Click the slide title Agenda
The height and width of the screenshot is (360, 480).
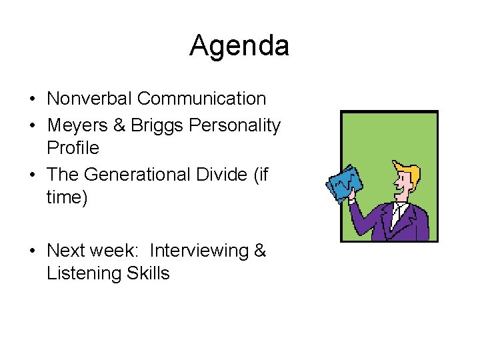coord(239,46)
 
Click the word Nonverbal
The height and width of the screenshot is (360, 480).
coord(89,99)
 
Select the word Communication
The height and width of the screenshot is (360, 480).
coord(201,99)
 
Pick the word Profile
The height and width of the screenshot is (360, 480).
coord(73,147)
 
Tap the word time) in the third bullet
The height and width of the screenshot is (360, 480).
coord(67,197)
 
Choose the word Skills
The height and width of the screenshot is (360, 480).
coord(147,273)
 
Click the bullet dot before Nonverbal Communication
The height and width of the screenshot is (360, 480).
coord(32,99)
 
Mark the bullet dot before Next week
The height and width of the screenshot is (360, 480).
coord(32,251)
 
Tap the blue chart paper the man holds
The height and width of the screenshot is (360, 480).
coord(345,181)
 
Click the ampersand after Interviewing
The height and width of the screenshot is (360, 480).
coord(260,251)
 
